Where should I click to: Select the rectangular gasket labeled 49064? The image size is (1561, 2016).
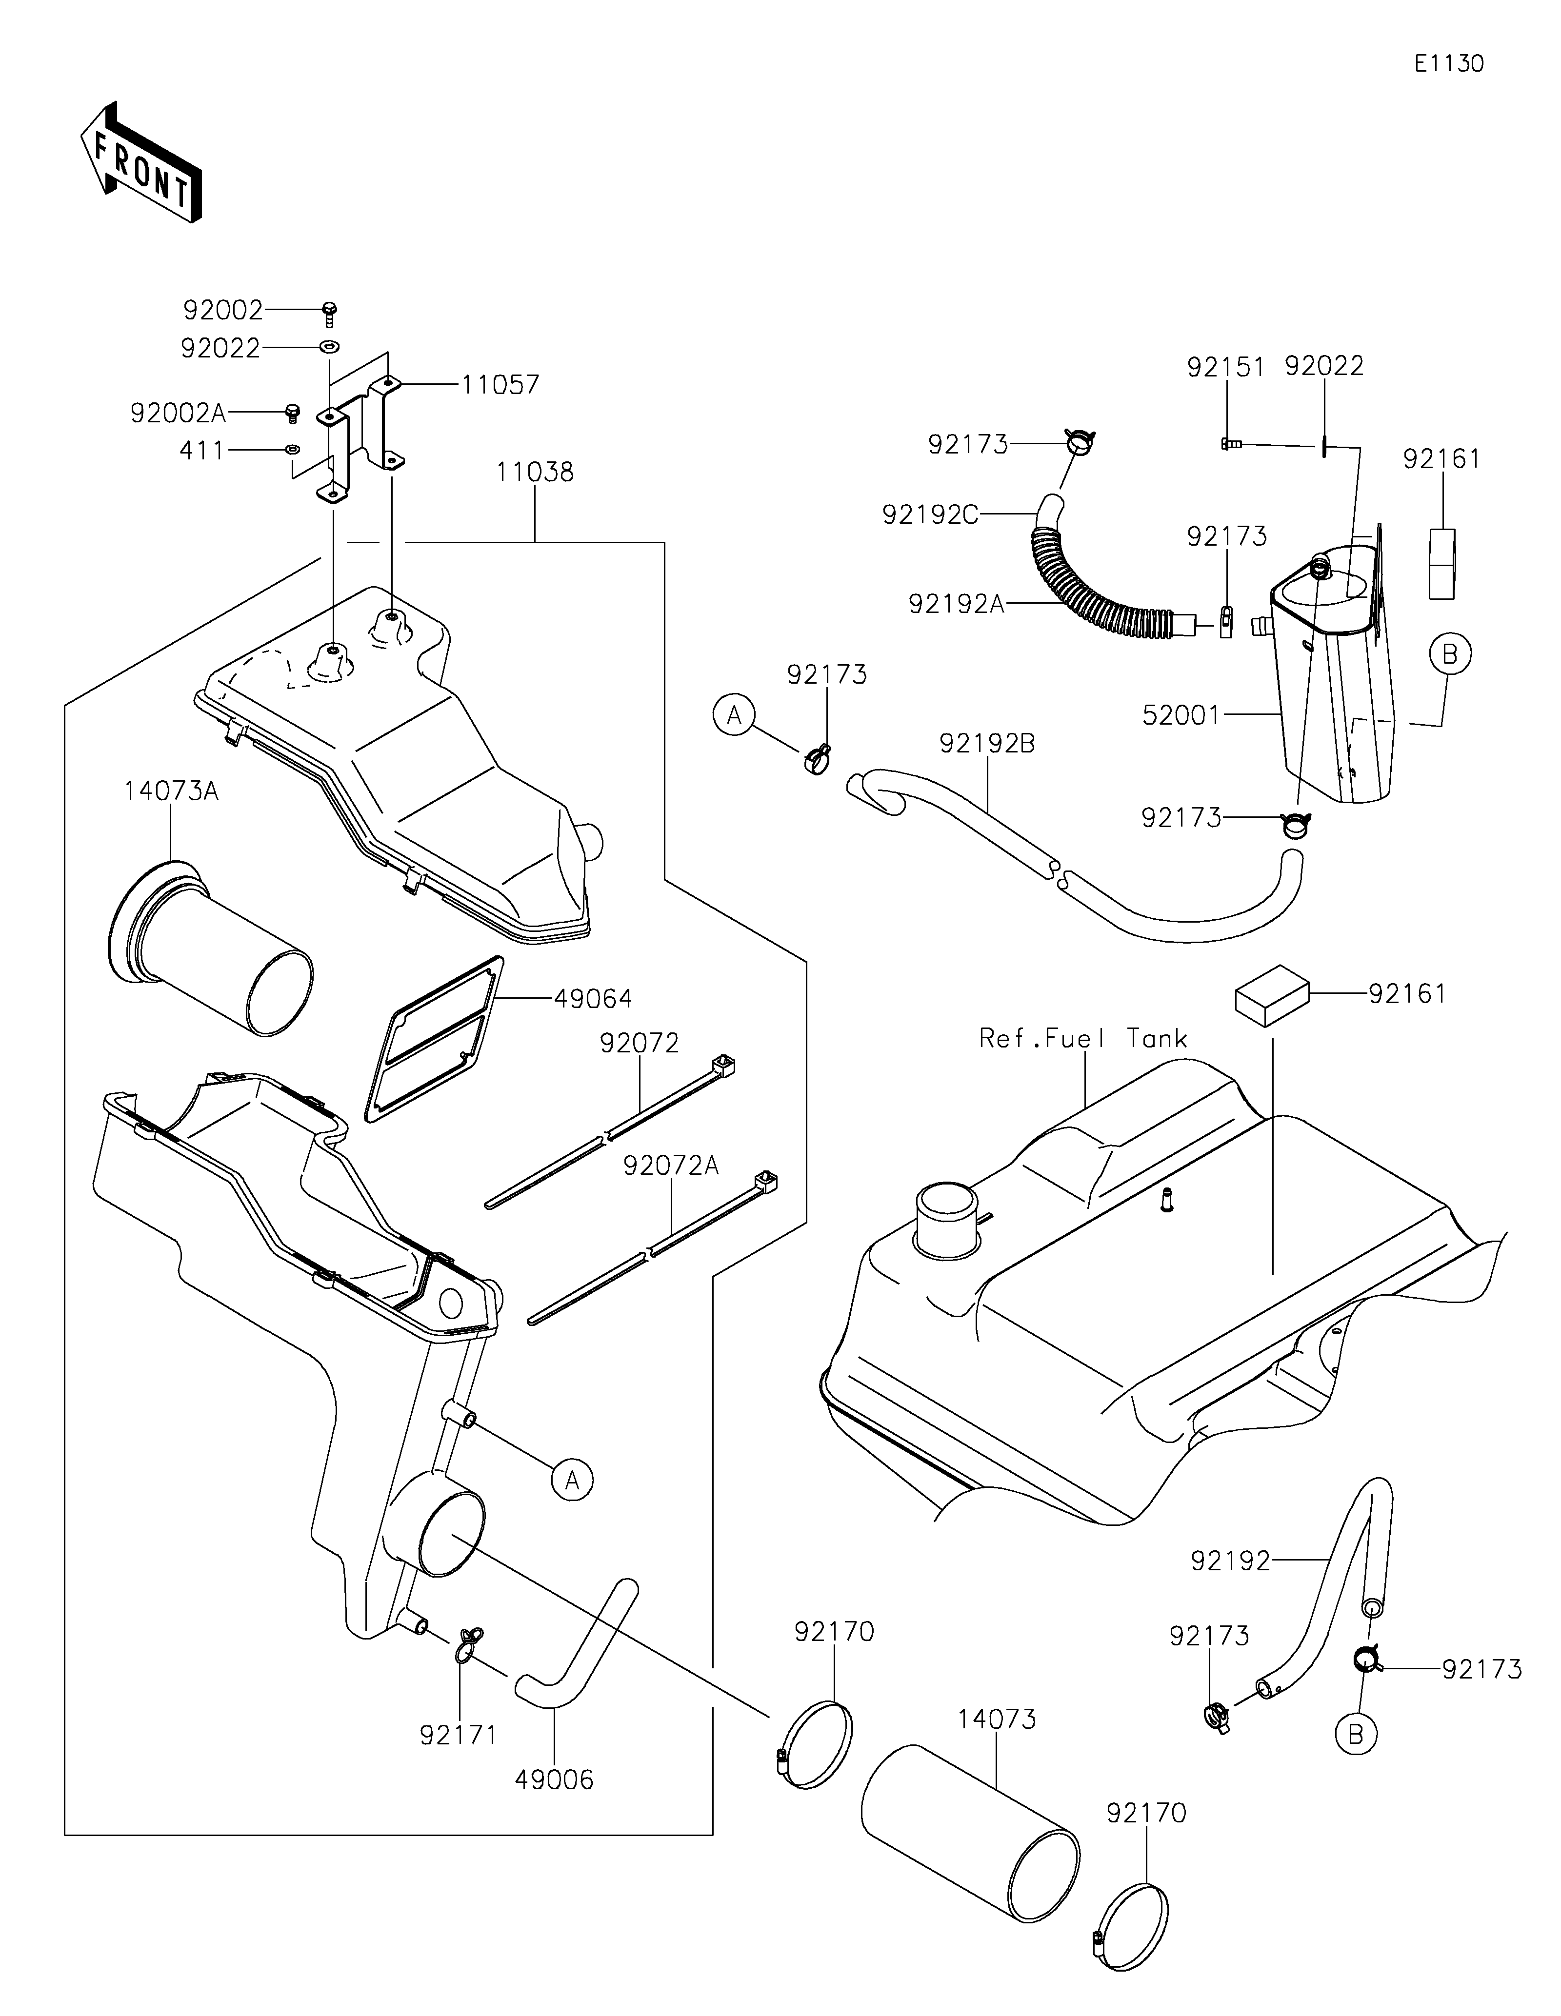pyautogui.click(x=434, y=1039)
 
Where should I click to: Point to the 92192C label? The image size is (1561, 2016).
pyautogui.click(x=931, y=514)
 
